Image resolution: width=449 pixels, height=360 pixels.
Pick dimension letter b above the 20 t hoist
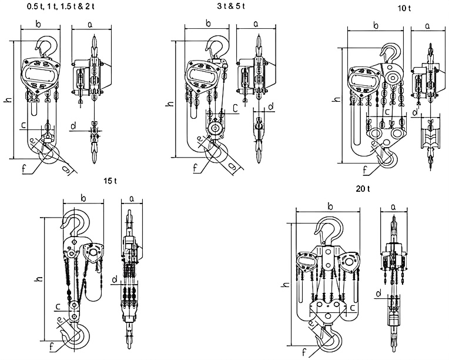pos(331,205)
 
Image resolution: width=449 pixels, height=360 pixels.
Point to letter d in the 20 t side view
pos(380,292)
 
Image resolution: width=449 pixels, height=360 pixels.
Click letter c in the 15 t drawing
pos(58,305)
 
